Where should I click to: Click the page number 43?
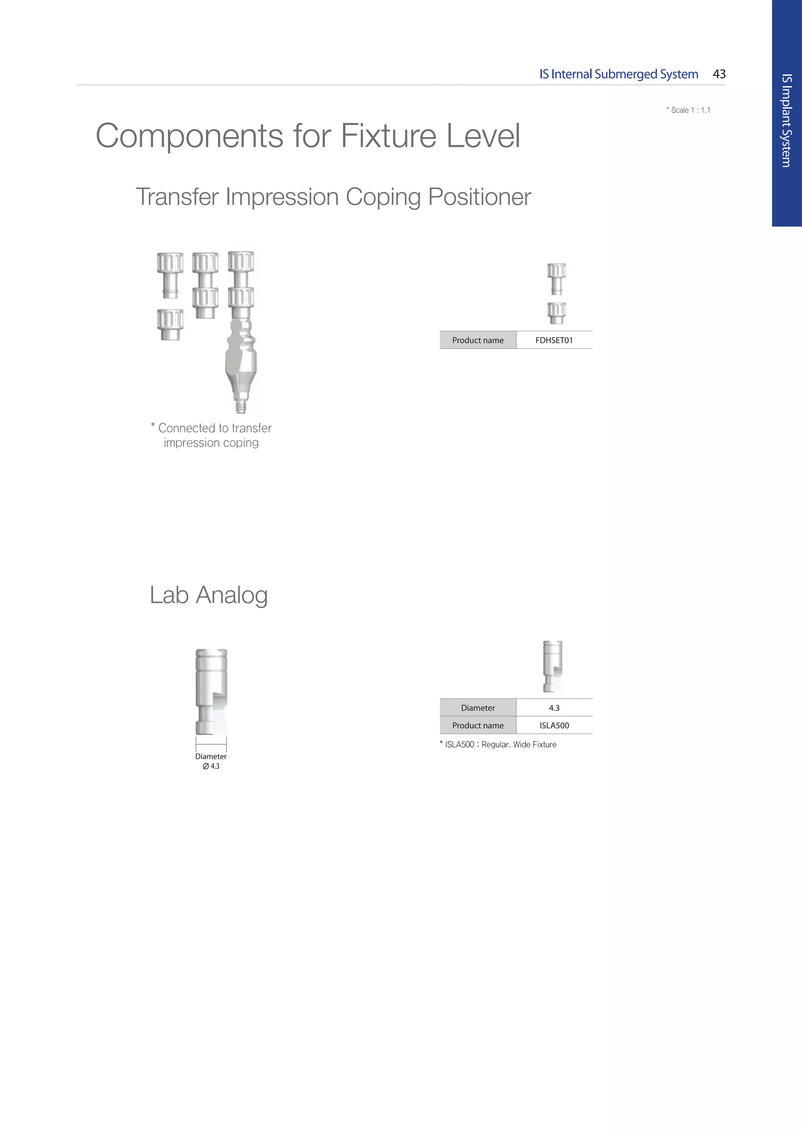pos(719,74)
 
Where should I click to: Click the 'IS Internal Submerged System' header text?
pos(618,74)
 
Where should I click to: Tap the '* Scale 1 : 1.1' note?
pos(688,110)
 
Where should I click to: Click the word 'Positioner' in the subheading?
pos(479,197)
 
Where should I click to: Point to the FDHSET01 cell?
pos(554,340)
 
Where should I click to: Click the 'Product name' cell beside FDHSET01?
pos(477,340)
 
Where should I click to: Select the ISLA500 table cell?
pos(554,726)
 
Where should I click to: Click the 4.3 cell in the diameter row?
pos(554,708)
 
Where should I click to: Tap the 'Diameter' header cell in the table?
pos(477,708)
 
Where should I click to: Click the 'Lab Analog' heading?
pos(208,595)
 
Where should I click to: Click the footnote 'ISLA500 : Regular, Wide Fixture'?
pos(499,744)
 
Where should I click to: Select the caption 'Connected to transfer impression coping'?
pos(211,435)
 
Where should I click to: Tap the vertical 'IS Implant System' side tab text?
pos(787,121)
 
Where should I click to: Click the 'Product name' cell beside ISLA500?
pos(477,726)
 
